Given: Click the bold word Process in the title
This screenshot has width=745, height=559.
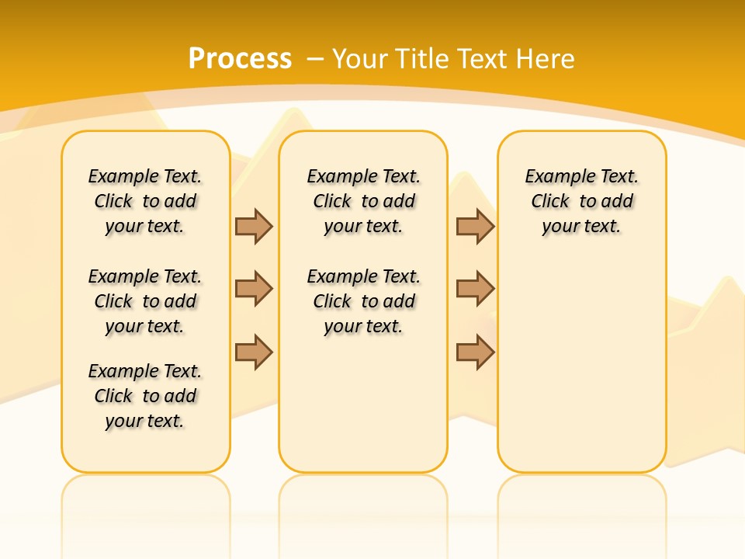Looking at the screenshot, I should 240,59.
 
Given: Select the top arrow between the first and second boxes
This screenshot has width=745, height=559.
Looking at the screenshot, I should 254,226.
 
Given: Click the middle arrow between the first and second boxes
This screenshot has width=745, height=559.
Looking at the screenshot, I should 254,289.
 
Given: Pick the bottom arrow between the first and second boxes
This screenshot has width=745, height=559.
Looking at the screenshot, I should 254,352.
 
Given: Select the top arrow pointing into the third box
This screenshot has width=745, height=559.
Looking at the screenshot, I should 475,226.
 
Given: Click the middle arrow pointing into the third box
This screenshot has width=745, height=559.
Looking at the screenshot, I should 475,289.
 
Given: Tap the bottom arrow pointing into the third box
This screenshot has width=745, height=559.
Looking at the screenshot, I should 475,352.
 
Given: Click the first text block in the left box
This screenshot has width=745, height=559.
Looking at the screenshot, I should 145,201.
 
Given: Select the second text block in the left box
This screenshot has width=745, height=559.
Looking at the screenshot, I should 145,301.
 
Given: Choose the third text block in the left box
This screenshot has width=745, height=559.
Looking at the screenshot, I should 145,396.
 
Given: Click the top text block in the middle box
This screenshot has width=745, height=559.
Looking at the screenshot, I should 363,201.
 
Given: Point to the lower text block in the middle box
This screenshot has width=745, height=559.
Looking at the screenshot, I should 363,301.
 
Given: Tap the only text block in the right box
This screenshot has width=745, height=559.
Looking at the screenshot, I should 581,201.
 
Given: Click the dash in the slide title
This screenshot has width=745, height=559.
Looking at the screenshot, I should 315,59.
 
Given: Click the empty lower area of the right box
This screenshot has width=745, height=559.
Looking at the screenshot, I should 581,365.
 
